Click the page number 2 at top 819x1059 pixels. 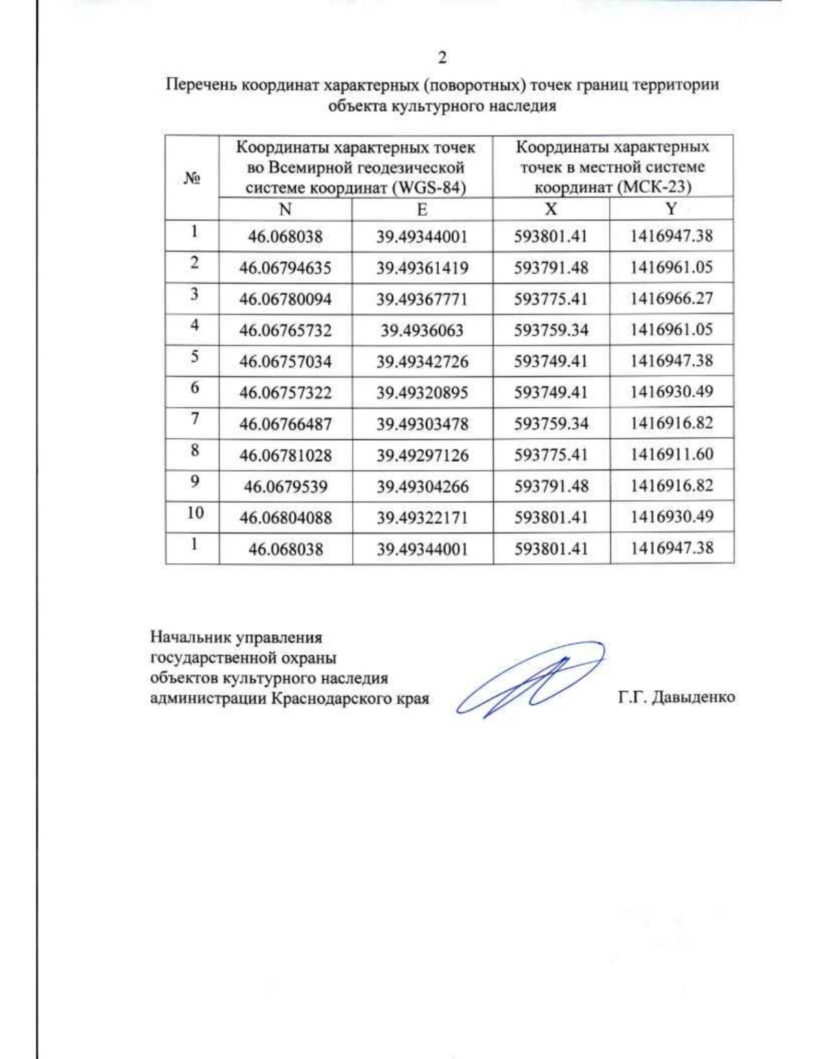click(442, 58)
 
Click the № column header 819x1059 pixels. click(192, 178)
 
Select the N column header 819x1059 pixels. click(285, 209)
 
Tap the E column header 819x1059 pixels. click(422, 209)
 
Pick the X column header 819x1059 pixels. click(551, 209)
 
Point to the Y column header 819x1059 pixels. click(672, 209)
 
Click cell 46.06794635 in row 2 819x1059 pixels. click(285, 268)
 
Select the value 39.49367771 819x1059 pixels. click(422, 299)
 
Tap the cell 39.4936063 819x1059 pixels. click(422, 331)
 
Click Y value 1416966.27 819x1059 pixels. click(672, 299)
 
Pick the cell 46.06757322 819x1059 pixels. click(285, 393)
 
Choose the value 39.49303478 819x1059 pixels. click(422, 424)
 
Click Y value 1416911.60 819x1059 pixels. click(672, 454)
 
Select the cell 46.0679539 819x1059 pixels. click(285, 487)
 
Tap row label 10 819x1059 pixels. click(195, 513)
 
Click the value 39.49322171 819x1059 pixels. click(422, 518)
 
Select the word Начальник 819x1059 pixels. click(190, 638)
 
